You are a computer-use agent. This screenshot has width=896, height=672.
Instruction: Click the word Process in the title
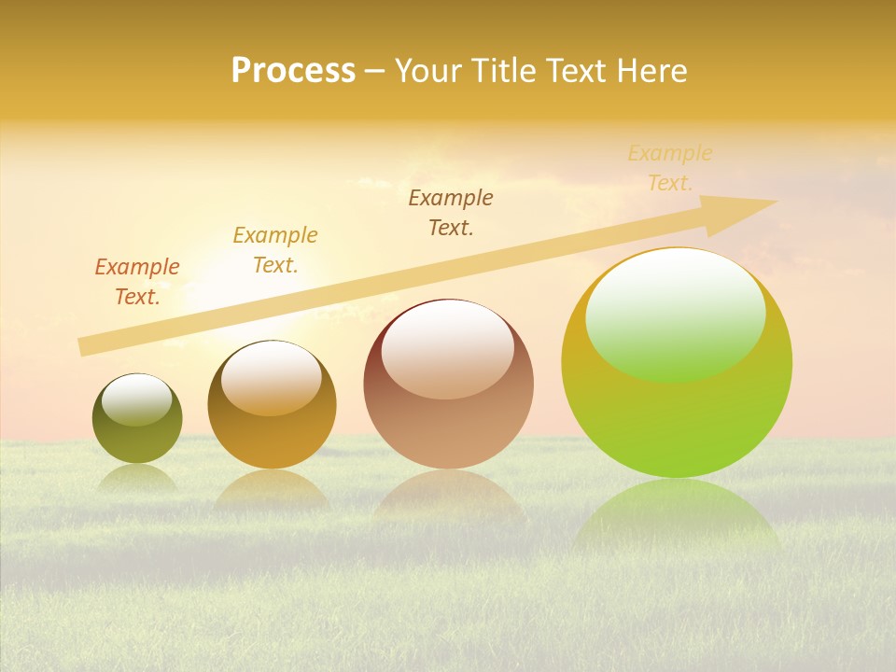[x=293, y=71]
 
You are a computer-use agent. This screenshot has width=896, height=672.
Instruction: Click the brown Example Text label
[x=451, y=213]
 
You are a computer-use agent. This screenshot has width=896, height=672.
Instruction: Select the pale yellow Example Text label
[x=669, y=168]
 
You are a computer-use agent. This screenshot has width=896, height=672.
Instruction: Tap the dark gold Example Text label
[x=275, y=250]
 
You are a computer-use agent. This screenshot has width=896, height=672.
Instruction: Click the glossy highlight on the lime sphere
[x=675, y=313]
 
